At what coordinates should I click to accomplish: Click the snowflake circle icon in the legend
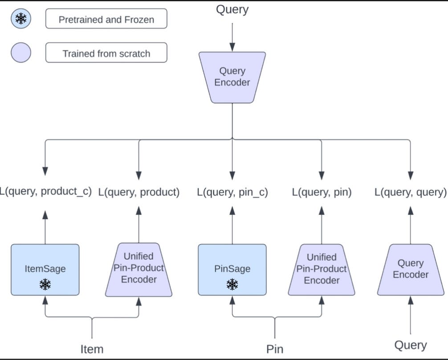coord(21,19)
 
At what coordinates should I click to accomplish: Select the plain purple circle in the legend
coord(21,53)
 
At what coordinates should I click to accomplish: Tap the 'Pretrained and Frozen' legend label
coord(106,19)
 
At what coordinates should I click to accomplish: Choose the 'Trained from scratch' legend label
coord(106,53)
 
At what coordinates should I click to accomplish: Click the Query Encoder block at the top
coord(232,77)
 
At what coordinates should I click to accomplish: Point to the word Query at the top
coord(232,10)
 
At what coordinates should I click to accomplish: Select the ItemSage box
coord(45,270)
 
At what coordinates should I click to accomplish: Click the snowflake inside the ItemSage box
coord(45,284)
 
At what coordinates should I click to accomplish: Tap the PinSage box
coord(232,270)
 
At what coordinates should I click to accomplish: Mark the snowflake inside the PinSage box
coord(232,284)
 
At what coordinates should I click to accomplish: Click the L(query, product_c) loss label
coord(45,192)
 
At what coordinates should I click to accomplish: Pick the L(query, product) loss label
coord(138,192)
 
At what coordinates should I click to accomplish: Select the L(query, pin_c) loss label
coord(232,192)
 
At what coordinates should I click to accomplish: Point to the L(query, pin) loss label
coord(322,192)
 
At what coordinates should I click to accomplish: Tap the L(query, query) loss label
coord(410,192)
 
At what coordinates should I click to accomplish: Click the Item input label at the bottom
coord(92,349)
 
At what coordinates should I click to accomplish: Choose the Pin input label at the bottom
coord(275,349)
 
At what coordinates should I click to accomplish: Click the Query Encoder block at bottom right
coord(410,270)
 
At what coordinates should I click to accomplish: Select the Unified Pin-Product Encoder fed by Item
coord(138,270)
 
